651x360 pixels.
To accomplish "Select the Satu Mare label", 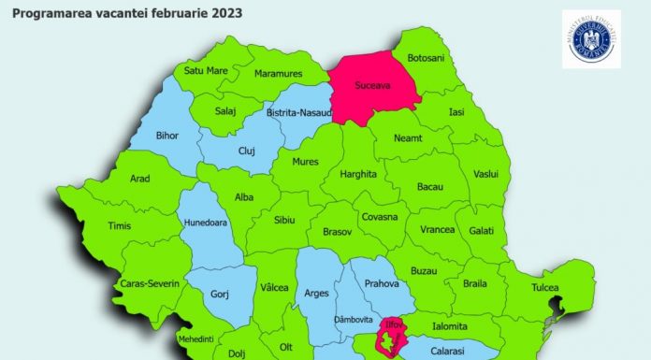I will [206, 69].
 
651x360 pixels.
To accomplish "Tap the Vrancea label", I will [437, 230].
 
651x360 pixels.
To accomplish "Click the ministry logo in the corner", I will [591, 38].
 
